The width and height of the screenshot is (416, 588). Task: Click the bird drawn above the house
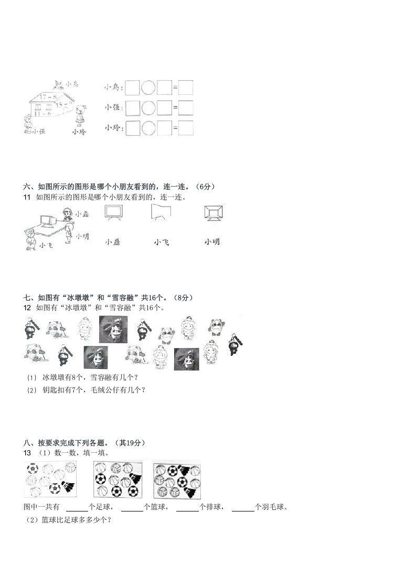coord(59,84)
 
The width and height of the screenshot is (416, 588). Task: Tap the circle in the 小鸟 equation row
coord(149,87)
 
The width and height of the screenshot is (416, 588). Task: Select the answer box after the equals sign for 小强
coord(186,107)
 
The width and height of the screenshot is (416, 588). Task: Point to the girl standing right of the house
coord(80,116)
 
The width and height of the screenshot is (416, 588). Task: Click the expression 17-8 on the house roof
coord(47,96)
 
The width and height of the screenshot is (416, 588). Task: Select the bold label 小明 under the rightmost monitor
coord(212,242)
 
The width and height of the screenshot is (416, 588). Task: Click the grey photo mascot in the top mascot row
coord(113,329)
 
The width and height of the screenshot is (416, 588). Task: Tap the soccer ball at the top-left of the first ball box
coord(33,467)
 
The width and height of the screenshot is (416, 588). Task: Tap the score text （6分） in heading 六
coord(205,186)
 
